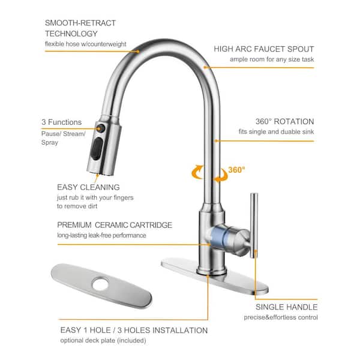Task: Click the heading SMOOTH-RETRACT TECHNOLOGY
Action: pyautogui.click(x=80, y=28)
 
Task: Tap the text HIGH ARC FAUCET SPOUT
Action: pyautogui.click(x=264, y=49)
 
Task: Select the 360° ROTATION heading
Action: pyautogui.click(x=284, y=121)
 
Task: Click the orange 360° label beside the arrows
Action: pyautogui.click(x=237, y=170)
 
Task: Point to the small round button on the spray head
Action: pyautogui.click(x=101, y=128)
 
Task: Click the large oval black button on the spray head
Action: pyautogui.click(x=97, y=149)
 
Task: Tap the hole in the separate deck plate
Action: pyautogui.click(x=101, y=284)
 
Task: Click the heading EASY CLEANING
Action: pyautogui.click(x=88, y=187)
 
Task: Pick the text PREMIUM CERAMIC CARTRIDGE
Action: pyautogui.click(x=115, y=225)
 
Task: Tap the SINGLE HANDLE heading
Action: pyautogui.click(x=287, y=307)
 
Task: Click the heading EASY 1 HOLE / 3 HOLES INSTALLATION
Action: pyautogui.click(x=134, y=330)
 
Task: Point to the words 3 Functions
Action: pyautogui.click(x=62, y=122)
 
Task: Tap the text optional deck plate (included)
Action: pyautogui.click(x=103, y=340)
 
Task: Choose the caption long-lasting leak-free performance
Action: pyautogui.click(x=102, y=235)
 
